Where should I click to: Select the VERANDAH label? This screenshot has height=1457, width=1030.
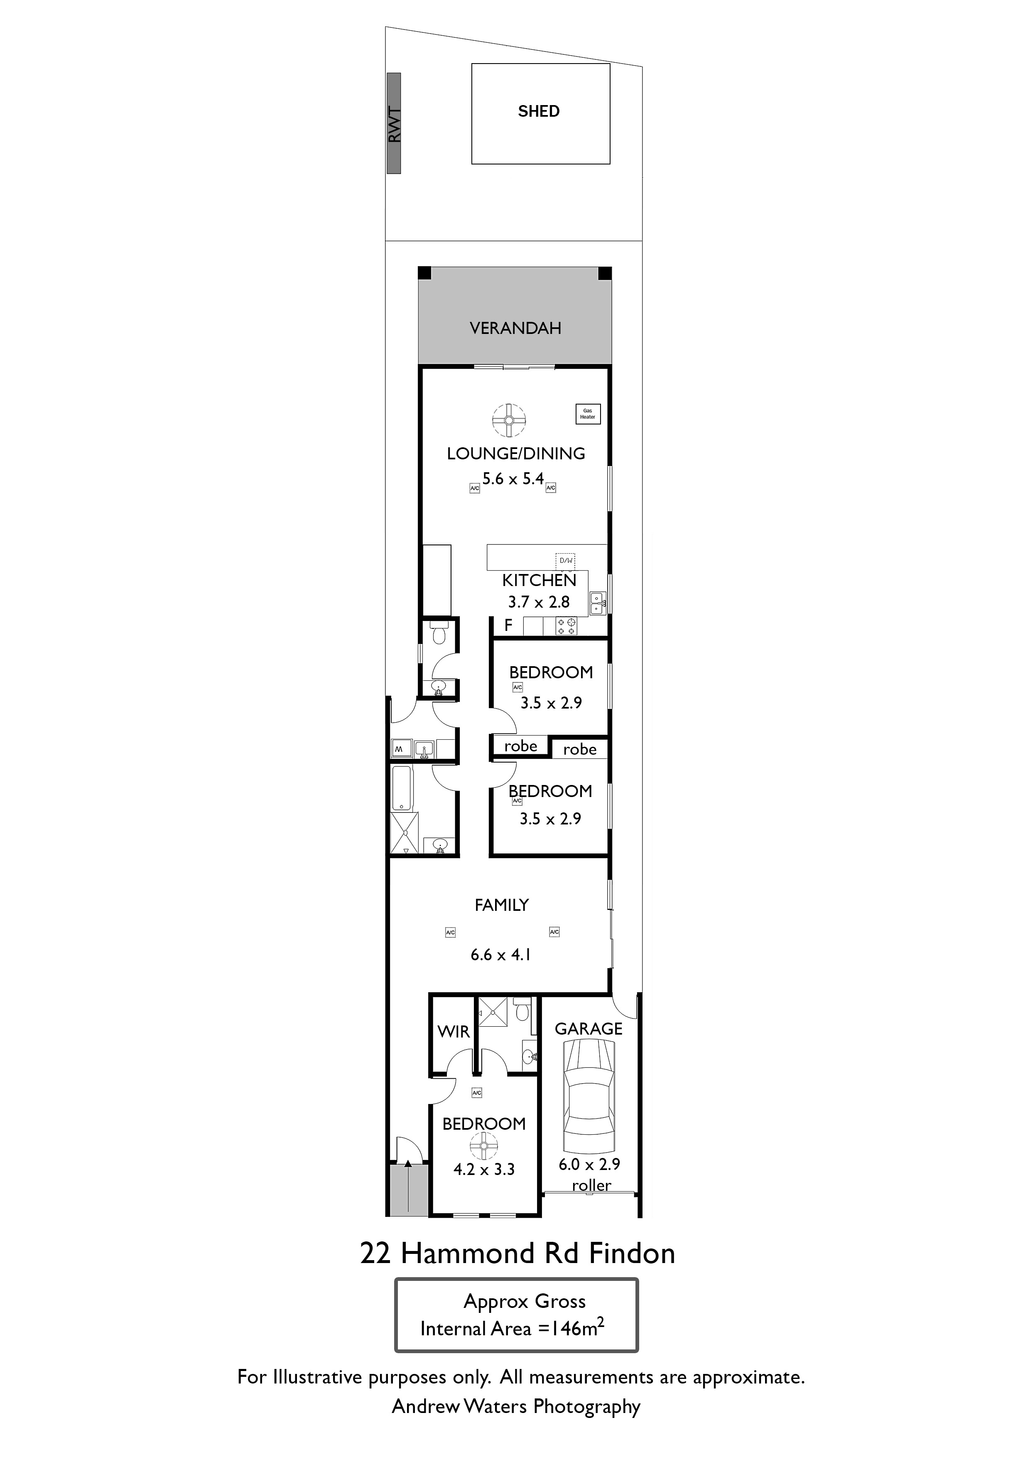point(515,328)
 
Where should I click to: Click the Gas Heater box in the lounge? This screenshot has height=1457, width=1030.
point(588,414)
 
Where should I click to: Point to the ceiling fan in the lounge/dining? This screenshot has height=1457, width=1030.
point(509,420)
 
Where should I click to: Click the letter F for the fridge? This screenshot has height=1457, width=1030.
point(508,625)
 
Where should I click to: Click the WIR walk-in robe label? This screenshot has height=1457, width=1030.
point(454,1032)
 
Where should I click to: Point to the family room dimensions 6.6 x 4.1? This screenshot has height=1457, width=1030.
point(501,954)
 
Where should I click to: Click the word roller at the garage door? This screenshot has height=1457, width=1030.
point(591,1185)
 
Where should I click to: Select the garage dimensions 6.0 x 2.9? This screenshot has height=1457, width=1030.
point(589,1165)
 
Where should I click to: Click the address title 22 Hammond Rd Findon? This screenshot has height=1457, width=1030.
point(517,1253)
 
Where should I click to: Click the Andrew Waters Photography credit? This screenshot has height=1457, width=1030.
point(516,1406)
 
